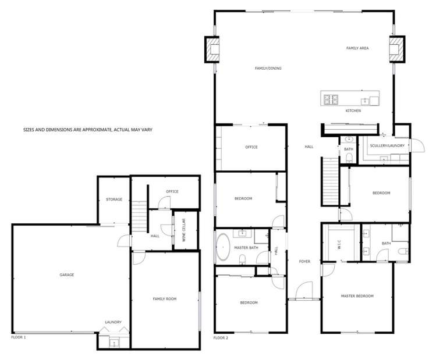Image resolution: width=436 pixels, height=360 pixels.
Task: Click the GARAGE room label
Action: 66,275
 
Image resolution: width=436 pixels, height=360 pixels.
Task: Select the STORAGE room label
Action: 114,199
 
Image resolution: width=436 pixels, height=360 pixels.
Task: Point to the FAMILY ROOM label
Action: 165,298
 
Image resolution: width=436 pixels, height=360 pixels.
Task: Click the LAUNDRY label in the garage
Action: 113,322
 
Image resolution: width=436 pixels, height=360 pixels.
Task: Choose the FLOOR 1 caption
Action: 19,337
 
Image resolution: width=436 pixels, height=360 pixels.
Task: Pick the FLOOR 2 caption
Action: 221,337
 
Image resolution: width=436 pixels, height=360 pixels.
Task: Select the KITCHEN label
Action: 353,111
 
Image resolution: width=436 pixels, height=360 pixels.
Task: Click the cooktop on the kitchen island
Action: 331,99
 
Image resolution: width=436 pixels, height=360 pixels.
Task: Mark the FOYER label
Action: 305,262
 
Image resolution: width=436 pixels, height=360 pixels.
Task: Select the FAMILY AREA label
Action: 358,48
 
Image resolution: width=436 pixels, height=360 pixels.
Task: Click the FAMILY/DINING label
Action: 268,69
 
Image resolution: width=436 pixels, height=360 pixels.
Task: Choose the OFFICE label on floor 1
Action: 172,191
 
